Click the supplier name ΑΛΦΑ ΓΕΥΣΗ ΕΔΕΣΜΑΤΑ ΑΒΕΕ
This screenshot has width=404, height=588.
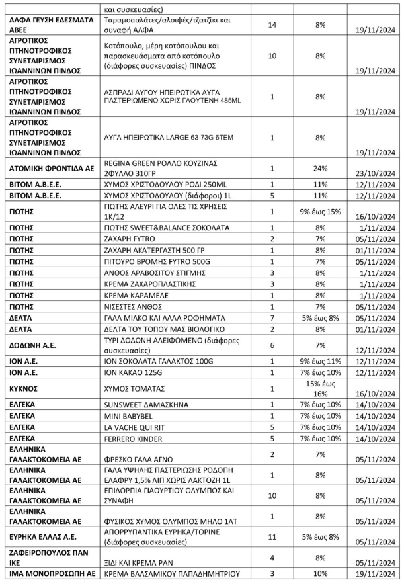click(51, 25)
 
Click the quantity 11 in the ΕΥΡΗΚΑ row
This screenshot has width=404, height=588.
click(272, 536)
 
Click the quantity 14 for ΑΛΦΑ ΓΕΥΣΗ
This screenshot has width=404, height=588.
click(272, 25)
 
